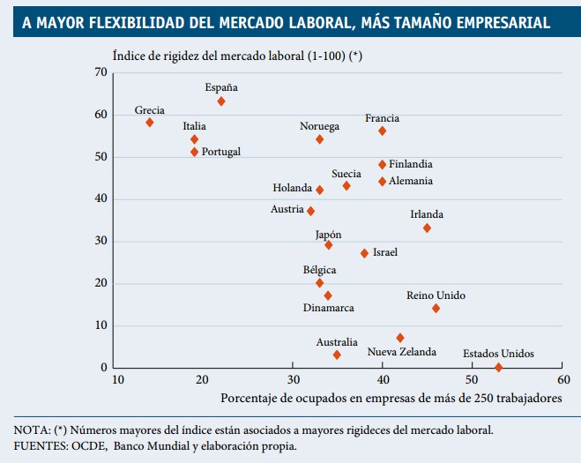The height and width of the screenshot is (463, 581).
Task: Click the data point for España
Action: click(x=221, y=101)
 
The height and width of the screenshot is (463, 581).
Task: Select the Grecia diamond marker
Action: click(x=150, y=123)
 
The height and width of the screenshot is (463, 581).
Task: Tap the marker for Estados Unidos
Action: click(x=499, y=367)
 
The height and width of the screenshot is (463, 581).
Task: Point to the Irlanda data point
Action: click(x=427, y=228)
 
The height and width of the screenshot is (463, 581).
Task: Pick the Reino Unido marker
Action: click(x=436, y=308)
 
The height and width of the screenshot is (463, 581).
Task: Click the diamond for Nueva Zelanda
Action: click(x=400, y=338)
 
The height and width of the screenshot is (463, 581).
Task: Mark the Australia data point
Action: click(x=337, y=355)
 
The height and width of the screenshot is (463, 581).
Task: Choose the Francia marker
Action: click(x=383, y=131)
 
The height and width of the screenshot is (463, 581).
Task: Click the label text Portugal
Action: click(x=221, y=152)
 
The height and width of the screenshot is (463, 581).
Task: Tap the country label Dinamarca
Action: click(x=329, y=308)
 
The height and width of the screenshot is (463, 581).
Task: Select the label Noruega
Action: click(x=319, y=126)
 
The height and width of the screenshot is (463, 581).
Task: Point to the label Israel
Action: click(x=385, y=252)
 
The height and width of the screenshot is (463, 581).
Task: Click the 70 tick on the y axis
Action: click(x=101, y=72)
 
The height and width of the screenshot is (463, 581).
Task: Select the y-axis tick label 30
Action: click(x=101, y=241)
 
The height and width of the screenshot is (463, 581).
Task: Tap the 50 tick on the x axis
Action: click(x=473, y=380)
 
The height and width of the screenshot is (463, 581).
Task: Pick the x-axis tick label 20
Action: click(x=202, y=380)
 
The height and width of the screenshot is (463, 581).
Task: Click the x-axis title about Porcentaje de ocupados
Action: click(x=391, y=399)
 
